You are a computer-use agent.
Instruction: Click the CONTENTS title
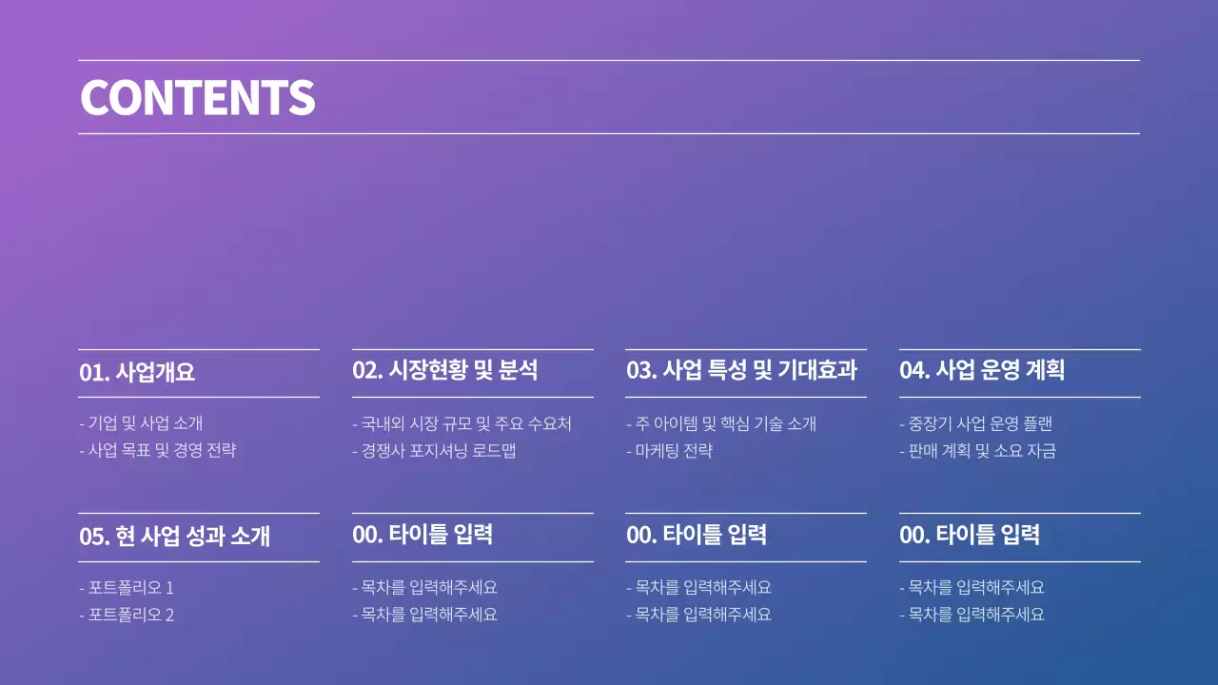tap(197, 97)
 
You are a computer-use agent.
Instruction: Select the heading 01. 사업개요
tap(137, 372)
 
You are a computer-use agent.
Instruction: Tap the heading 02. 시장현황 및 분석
tap(444, 370)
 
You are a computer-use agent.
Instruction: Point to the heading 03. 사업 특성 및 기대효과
tap(741, 370)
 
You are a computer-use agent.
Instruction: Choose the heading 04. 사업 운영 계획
tap(982, 370)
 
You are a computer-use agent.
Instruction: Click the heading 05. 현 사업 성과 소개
tap(174, 536)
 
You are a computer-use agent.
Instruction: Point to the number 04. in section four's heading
tap(914, 370)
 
